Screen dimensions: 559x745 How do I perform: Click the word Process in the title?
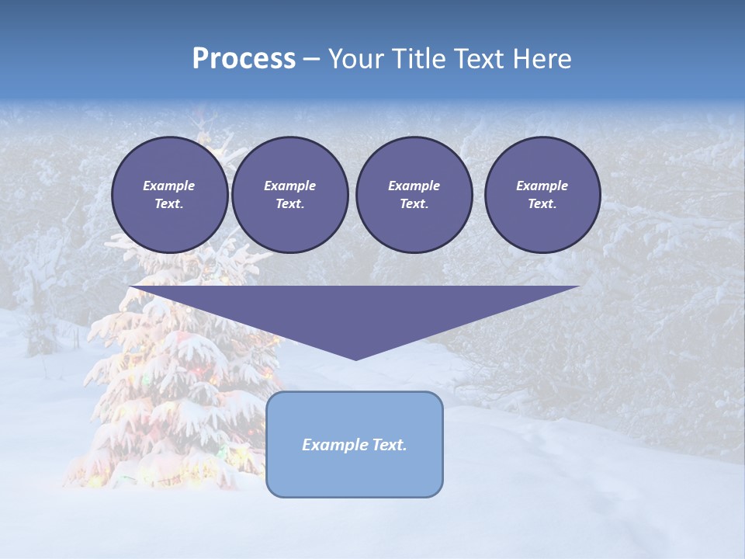244,59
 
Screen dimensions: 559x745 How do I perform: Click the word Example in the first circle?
169,186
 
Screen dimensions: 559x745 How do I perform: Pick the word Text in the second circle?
289,204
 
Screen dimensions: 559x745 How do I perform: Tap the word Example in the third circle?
414,186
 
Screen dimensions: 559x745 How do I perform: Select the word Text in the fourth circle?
542,204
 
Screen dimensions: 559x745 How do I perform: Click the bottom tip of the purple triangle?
355,358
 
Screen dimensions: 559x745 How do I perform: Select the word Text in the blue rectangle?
389,445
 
